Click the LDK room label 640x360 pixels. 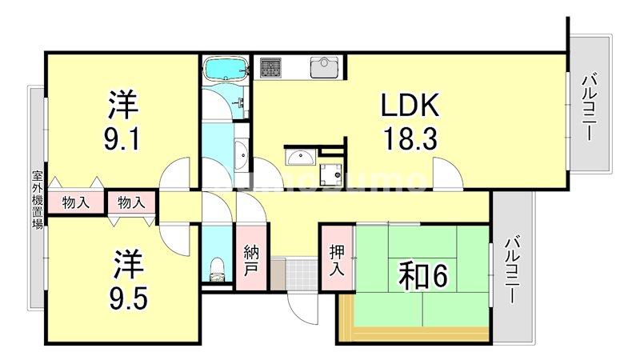[x=408, y=106]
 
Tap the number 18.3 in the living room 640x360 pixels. [x=408, y=139]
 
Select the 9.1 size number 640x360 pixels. [x=123, y=139]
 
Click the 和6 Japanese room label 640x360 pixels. [x=424, y=277]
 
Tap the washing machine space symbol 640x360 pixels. [x=330, y=169]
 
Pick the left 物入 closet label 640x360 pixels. [x=76, y=203]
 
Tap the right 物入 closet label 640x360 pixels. [x=132, y=203]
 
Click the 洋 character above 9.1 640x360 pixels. [x=123, y=105]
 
